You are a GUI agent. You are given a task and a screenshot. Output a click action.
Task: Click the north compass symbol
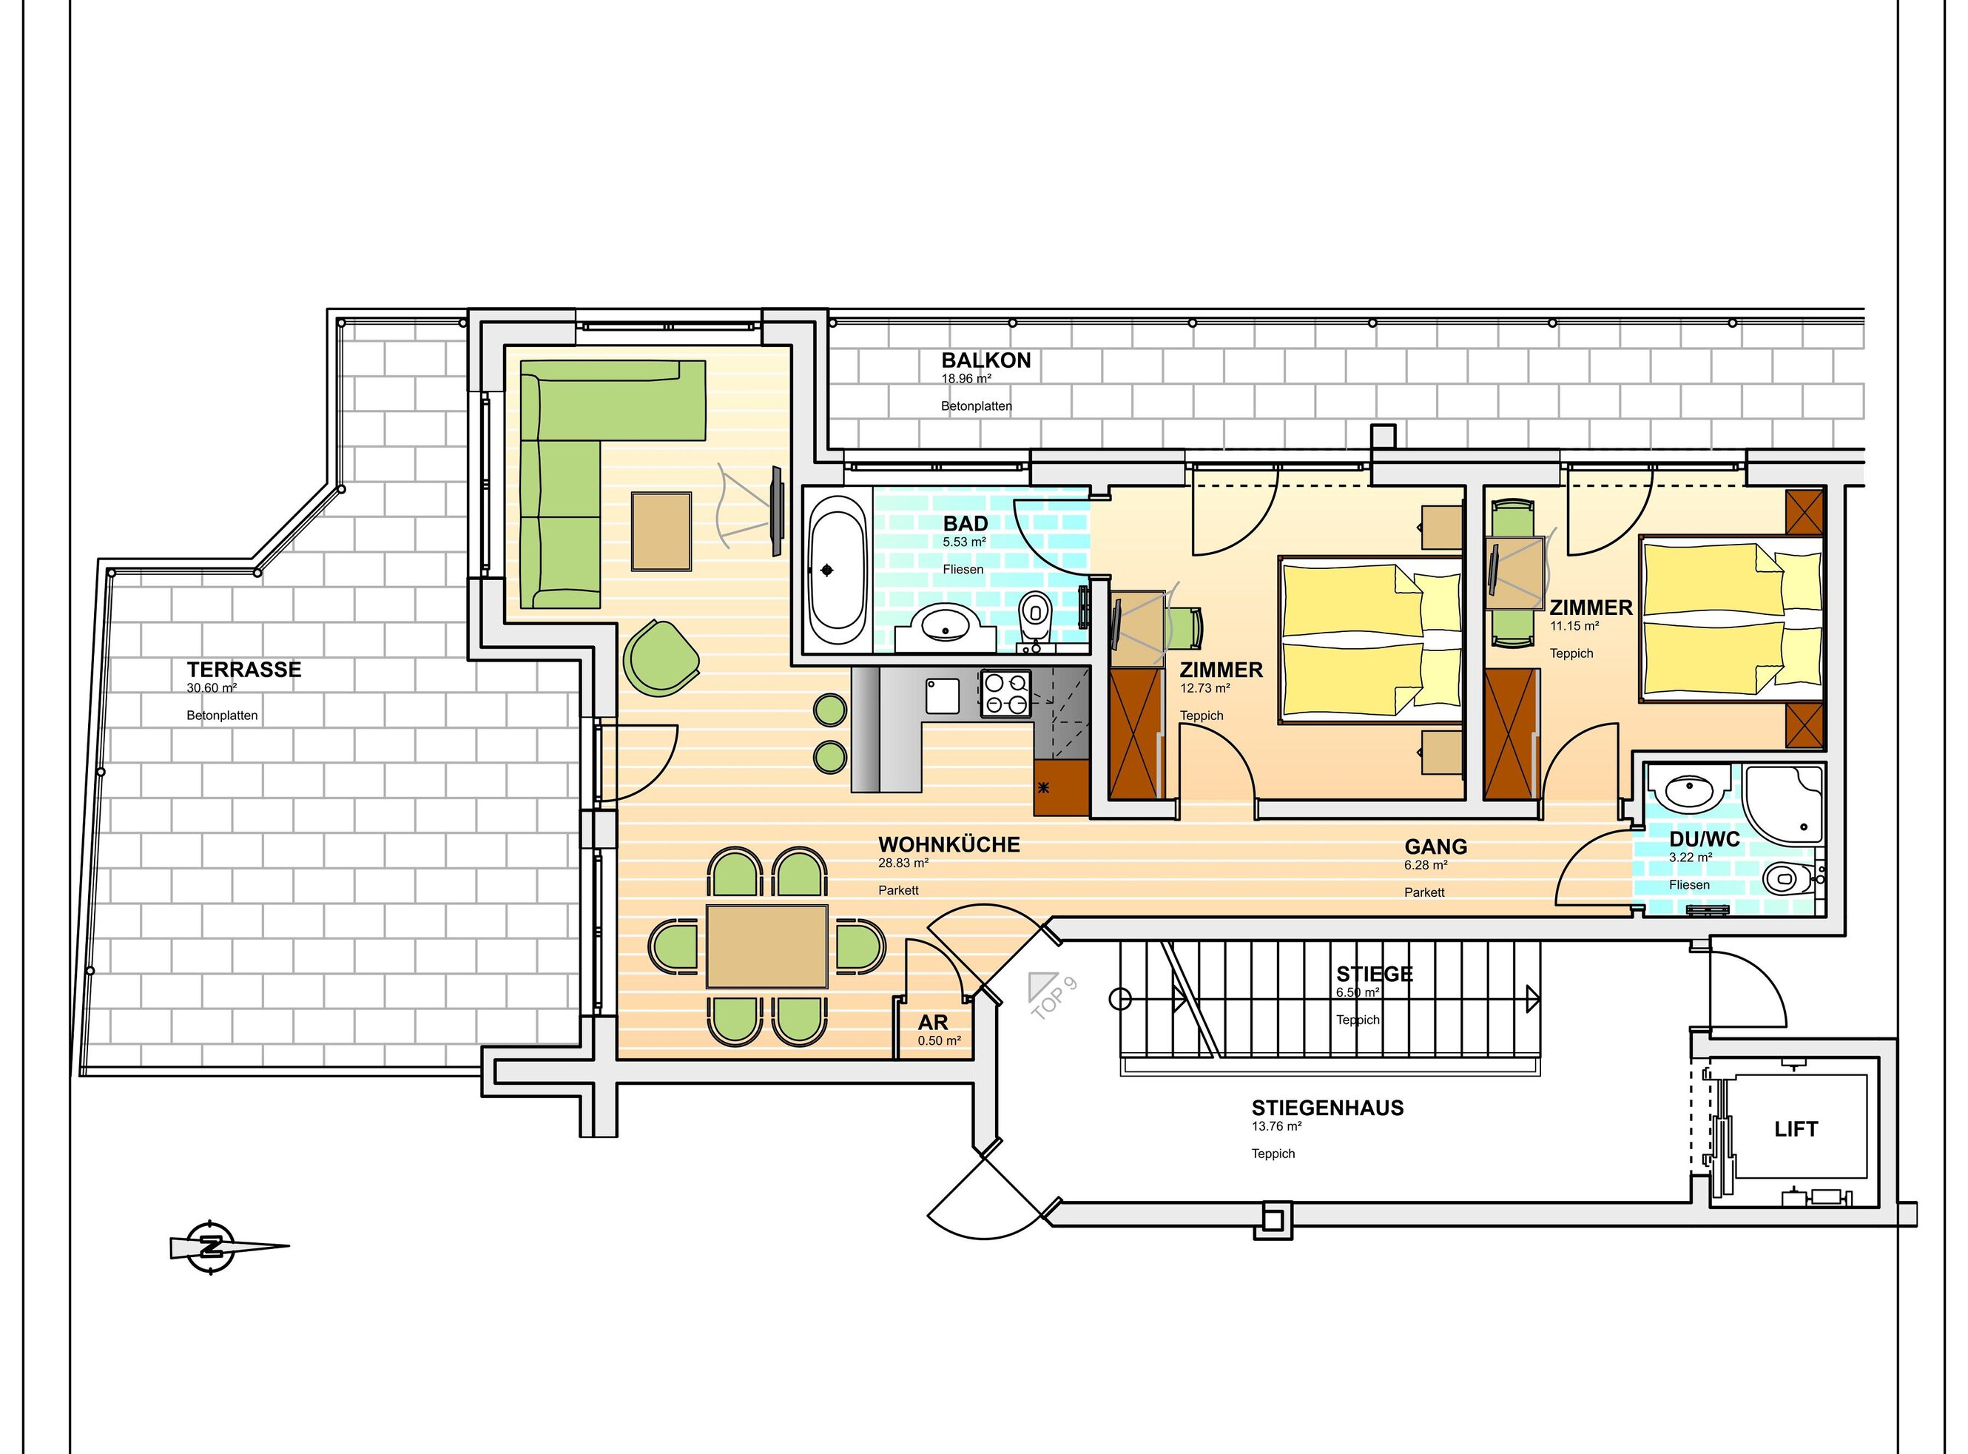(212, 1247)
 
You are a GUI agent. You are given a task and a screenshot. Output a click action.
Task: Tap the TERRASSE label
(244, 670)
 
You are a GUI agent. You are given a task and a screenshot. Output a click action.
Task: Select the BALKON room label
(985, 361)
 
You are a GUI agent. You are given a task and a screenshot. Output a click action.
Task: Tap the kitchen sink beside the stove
(943, 696)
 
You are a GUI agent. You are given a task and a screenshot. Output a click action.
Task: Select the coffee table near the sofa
(661, 531)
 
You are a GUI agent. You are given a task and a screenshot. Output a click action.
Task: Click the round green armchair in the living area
(660, 656)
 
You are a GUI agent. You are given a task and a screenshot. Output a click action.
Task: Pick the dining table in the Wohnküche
(766, 946)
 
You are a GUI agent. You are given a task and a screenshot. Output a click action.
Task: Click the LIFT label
(1796, 1129)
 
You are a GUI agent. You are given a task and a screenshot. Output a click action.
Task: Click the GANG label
(1435, 847)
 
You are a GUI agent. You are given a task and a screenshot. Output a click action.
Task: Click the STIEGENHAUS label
(1327, 1108)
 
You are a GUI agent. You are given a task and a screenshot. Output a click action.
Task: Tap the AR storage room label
(933, 1023)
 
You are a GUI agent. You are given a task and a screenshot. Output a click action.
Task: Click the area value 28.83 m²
(903, 864)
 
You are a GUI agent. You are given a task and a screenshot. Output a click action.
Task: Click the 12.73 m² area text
(1205, 689)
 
